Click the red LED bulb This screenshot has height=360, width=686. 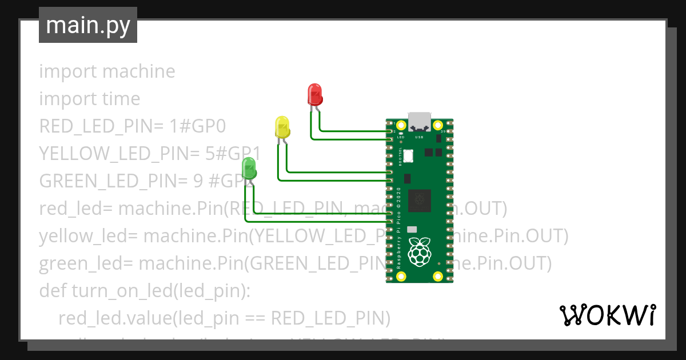click(314, 93)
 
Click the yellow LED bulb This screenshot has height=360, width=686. click(282, 126)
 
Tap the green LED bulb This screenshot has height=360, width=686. click(250, 169)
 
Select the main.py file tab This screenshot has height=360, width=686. click(88, 25)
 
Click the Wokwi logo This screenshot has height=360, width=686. click(607, 315)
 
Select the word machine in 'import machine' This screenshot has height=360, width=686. click(138, 71)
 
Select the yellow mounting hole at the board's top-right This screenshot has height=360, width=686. click(438, 125)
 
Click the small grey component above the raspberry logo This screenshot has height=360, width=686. click(411, 229)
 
